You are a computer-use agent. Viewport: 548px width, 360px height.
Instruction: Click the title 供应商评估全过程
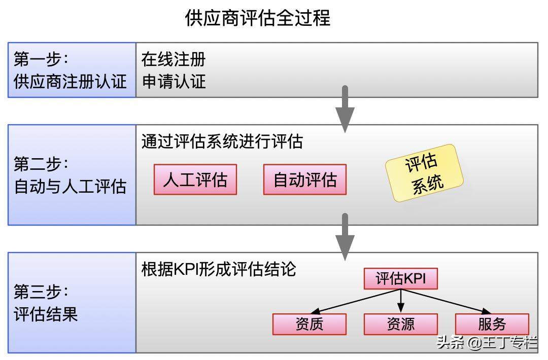pyautogui.click(x=257, y=18)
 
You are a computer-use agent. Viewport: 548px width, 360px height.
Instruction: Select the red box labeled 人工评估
pyautogui.click(x=195, y=179)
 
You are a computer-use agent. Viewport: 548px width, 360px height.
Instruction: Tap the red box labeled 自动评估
pyautogui.click(x=305, y=179)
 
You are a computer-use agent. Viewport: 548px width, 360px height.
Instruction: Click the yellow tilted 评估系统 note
pyautogui.click(x=424, y=173)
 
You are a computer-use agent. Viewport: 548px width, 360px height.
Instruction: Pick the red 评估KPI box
pyautogui.click(x=400, y=279)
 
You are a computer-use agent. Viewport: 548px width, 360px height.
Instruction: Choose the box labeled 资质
pyautogui.click(x=310, y=324)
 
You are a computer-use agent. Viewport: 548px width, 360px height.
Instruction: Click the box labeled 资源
pyautogui.click(x=400, y=324)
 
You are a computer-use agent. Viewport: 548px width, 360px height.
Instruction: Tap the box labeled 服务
pyautogui.click(x=492, y=324)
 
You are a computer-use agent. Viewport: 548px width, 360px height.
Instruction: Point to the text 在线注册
pyautogui.click(x=174, y=59)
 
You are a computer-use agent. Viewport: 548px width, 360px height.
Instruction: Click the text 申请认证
pyautogui.click(x=174, y=82)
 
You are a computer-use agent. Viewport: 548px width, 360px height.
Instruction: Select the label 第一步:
pyautogui.click(x=41, y=59)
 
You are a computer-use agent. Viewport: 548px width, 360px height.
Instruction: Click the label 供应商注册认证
pyautogui.click(x=70, y=82)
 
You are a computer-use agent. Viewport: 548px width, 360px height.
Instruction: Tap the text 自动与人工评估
pyautogui.click(x=70, y=187)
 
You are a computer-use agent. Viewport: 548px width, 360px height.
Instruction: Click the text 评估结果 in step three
pyautogui.click(x=46, y=314)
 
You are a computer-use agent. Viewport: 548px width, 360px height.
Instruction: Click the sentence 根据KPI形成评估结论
pyautogui.click(x=219, y=269)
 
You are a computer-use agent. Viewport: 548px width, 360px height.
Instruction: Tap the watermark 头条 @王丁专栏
pyautogui.click(x=487, y=343)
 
